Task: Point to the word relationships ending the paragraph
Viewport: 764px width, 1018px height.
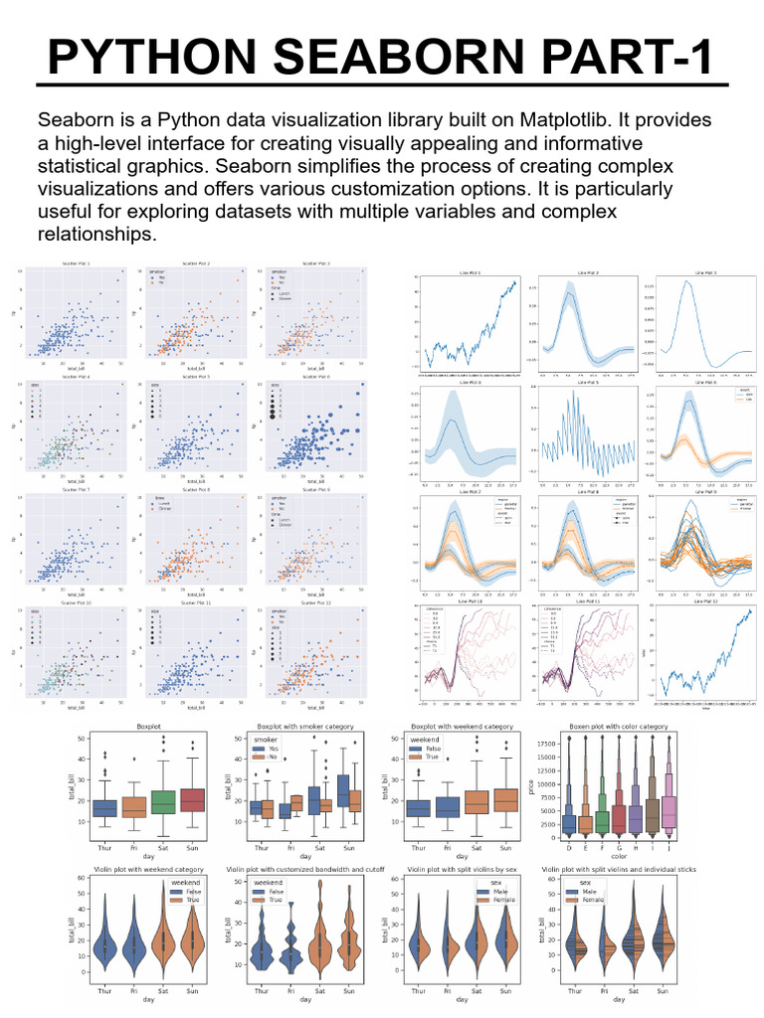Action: pyautogui.click(x=96, y=235)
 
